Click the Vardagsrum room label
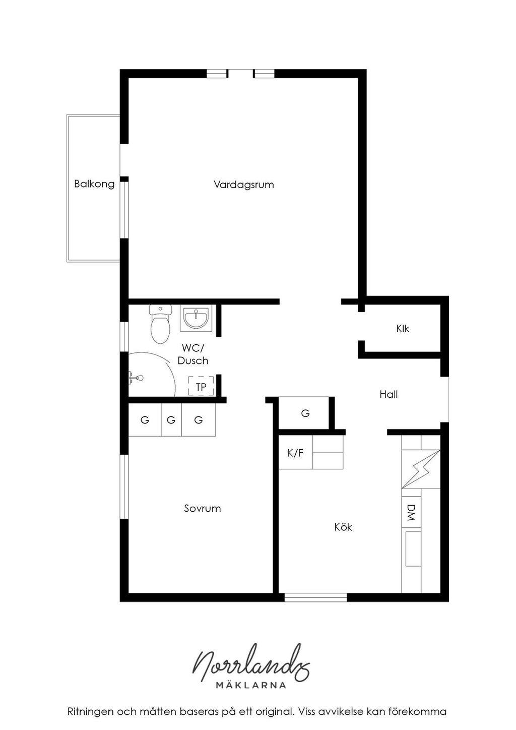point(244,185)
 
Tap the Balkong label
point(94,184)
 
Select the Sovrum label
point(202,508)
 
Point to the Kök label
point(343,527)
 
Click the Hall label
point(389,394)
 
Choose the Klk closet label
point(403,329)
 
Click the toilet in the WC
point(160,324)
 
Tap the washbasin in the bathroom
point(196,318)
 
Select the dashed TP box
point(201,386)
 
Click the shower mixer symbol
point(136,378)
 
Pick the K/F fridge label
point(295,453)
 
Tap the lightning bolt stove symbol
point(421,469)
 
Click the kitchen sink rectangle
point(413,549)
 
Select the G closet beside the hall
point(305,413)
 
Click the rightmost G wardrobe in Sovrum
point(199,420)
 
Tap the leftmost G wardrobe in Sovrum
point(145,420)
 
